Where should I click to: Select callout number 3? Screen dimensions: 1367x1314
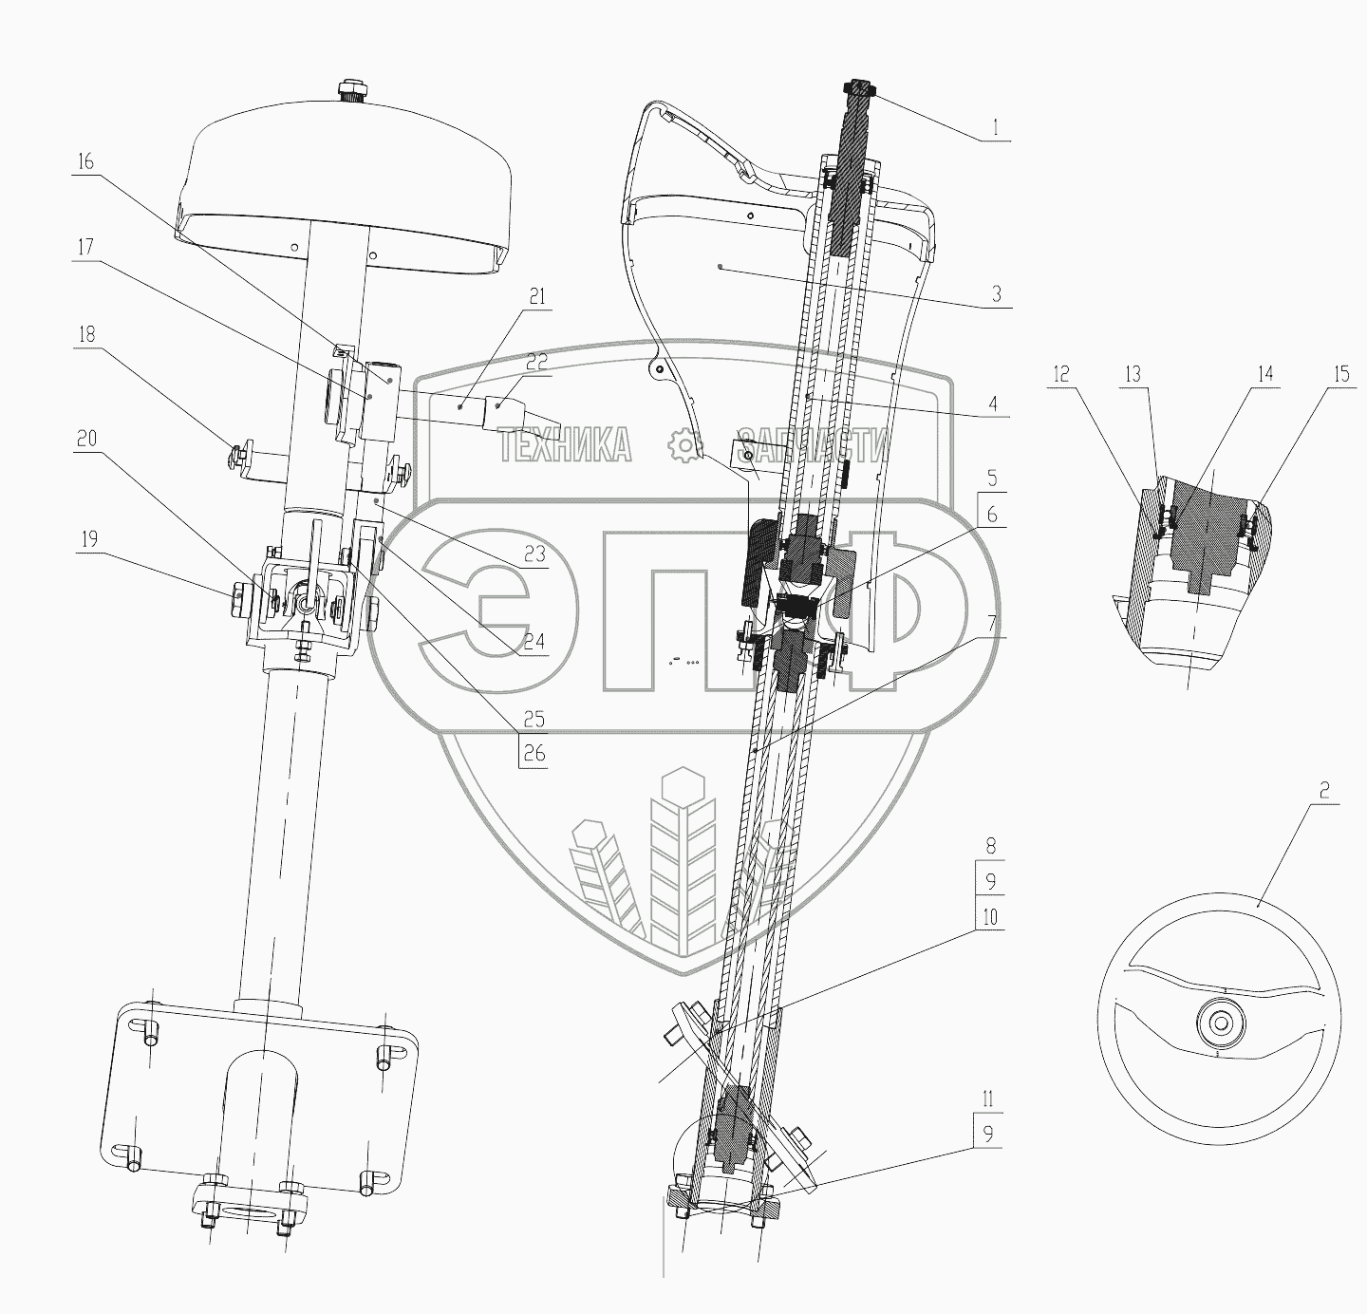996,294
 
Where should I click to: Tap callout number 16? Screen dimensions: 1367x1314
85,161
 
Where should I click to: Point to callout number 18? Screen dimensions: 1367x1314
85,334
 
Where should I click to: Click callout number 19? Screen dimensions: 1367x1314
85,539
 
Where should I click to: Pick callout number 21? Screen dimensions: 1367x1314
537,297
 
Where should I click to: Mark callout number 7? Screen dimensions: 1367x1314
990,625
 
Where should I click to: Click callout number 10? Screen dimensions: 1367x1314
990,917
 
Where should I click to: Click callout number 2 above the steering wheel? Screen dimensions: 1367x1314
1325,789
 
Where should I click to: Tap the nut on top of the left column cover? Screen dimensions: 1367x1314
352,91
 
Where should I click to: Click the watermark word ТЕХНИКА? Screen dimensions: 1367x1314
565,444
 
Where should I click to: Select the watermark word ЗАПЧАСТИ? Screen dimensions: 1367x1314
814,444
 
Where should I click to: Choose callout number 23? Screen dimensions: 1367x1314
534,554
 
